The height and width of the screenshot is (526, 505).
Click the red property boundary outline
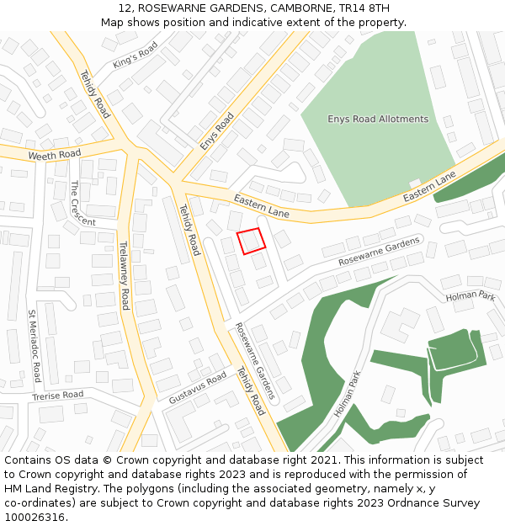coord(252,241)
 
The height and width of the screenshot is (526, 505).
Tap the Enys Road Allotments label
coord(378,119)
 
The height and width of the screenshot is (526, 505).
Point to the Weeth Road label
coord(54,155)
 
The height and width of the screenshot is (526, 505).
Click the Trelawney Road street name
coord(124,275)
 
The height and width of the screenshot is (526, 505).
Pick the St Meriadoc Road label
coord(35,346)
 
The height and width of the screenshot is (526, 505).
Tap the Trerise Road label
coord(58,395)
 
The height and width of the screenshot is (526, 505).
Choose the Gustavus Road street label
coord(198,385)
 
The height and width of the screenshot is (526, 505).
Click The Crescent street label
coord(82,204)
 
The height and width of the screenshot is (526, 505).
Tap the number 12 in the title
coord(125,8)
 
